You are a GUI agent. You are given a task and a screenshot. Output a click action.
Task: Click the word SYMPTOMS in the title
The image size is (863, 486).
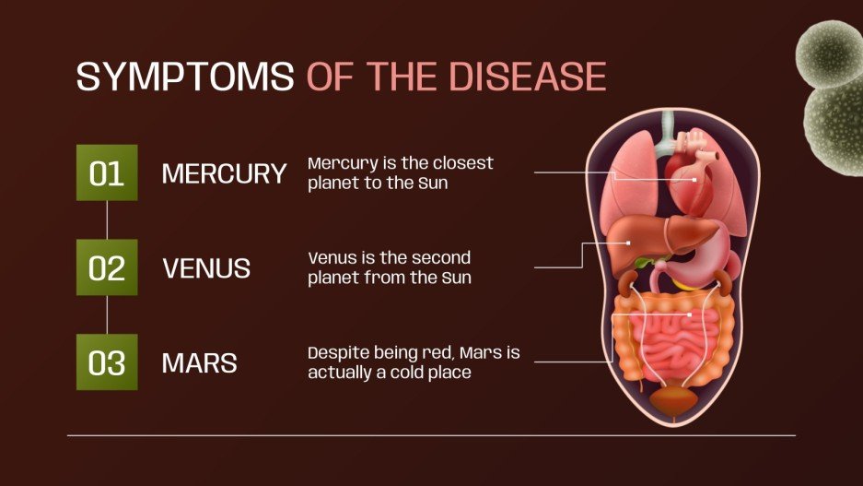(x=184, y=77)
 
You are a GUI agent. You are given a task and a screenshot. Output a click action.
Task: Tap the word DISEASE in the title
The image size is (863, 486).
(x=535, y=77)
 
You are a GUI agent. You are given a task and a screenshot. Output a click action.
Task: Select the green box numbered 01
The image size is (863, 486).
(x=107, y=172)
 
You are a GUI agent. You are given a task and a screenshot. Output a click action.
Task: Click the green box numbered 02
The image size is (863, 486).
(x=107, y=267)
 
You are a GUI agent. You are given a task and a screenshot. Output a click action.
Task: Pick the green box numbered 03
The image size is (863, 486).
(x=107, y=362)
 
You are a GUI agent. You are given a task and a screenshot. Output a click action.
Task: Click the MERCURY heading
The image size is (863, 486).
(x=224, y=173)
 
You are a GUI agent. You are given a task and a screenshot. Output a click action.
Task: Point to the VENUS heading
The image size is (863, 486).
(x=206, y=268)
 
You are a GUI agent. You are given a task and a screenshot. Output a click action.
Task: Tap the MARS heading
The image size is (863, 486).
(x=199, y=363)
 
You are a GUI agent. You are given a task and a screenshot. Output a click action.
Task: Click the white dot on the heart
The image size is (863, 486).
(x=694, y=180)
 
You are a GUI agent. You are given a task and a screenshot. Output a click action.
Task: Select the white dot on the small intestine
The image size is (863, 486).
(x=690, y=314)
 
